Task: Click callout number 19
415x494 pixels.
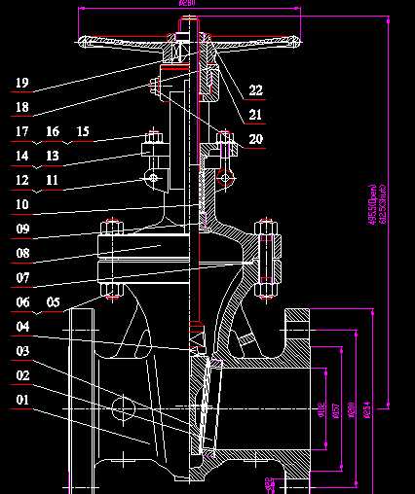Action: tap(21, 84)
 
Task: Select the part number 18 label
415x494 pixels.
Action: tap(21, 107)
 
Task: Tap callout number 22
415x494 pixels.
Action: tap(255, 90)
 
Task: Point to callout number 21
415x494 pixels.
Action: tap(255, 115)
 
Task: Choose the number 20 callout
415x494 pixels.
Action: tap(255, 139)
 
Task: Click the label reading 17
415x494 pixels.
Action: tap(21, 131)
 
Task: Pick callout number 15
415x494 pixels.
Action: tap(83, 131)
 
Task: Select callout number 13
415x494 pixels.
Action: tap(53, 156)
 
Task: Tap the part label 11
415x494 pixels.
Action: tap(53, 180)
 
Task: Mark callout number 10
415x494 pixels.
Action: tap(21, 205)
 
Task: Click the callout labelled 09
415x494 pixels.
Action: tap(21, 229)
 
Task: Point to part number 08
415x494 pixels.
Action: tap(21, 254)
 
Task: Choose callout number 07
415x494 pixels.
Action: tap(21, 278)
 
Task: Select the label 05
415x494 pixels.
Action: tap(53, 302)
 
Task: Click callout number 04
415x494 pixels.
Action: tap(21, 327)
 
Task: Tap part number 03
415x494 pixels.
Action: tap(21, 351)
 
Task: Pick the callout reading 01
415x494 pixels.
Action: tap(21, 400)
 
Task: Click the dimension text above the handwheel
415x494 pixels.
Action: tap(188, 4)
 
